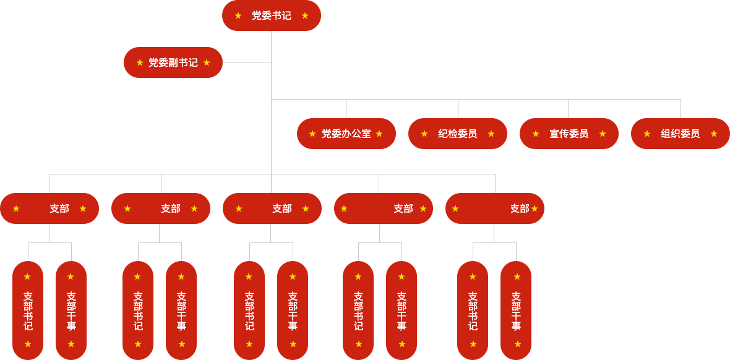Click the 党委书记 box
[271, 16]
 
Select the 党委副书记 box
[173, 62]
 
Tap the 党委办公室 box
[346, 134]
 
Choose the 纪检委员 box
[458, 134]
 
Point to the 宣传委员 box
[569, 134]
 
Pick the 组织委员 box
[680, 134]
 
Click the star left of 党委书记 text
[238, 16]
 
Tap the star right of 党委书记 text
[305, 16]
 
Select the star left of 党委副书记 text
[140, 62]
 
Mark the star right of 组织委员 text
[714, 134]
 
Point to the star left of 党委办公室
[312, 134]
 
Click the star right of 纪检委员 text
[491, 134]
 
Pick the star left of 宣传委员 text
[536, 134]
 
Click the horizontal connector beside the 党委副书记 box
[247, 62]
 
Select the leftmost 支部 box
[50, 208]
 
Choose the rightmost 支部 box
[495, 208]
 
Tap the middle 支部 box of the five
[272, 208]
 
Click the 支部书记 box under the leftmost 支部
[28, 310]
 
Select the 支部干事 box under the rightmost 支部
[516, 310]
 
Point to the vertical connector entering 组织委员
[681, 108]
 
